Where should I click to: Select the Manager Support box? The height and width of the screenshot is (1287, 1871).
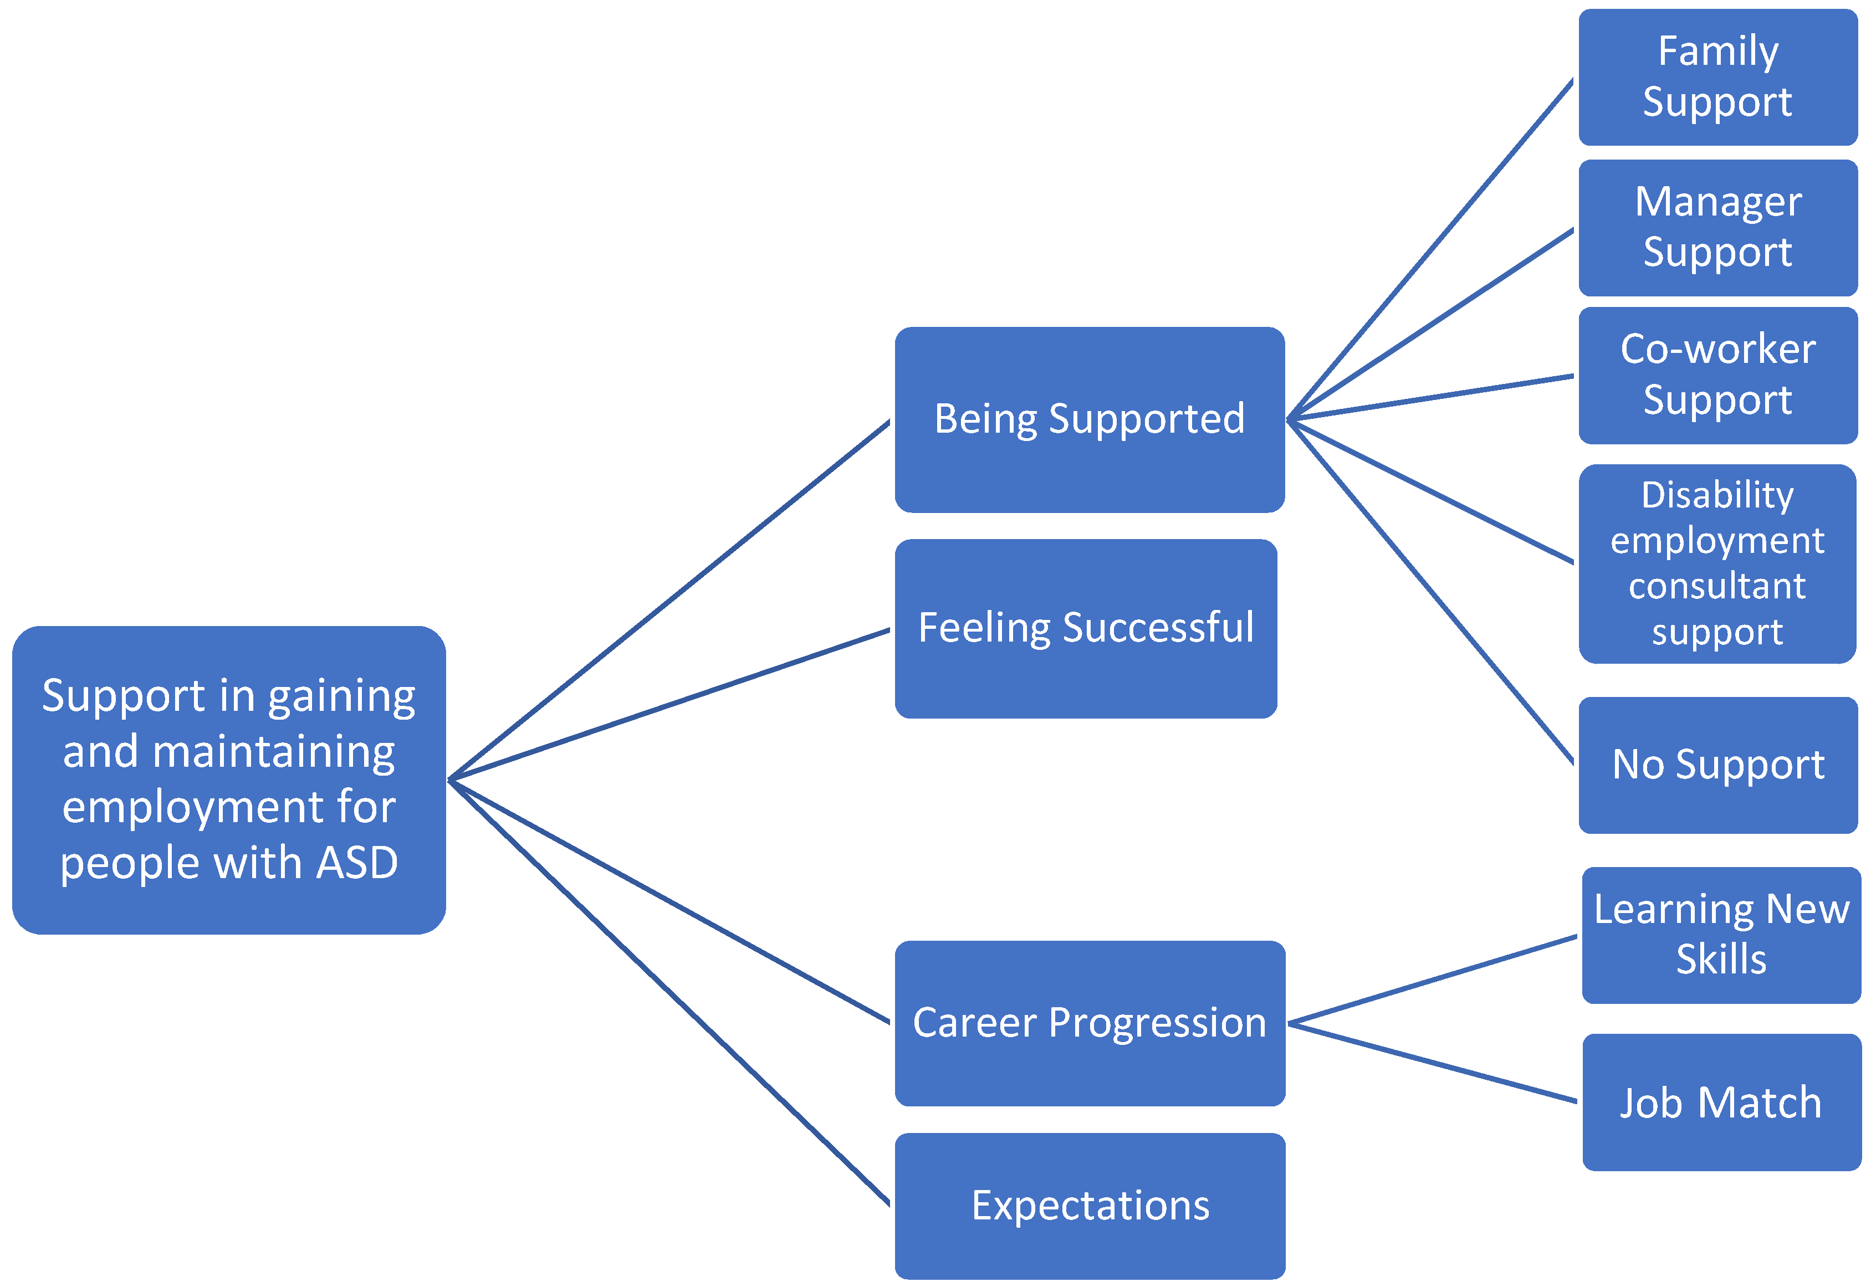[x=1718, y=227]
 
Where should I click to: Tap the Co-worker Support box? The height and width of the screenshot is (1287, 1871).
[x=1718, y=375]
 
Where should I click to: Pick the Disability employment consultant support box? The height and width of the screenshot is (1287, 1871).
[x=1718, y=563]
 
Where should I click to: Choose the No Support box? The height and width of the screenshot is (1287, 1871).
[x=1718, y=765]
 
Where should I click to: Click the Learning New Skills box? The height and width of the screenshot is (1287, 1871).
[x=1721, y=935]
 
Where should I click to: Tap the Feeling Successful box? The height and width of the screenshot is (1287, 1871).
[x=1086, y=628]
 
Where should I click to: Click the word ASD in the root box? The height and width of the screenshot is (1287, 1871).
[x=357, y=863]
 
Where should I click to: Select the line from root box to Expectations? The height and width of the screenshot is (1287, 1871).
[x=669, y=993]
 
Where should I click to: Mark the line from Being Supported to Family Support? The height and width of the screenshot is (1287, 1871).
[x=1430, y=249]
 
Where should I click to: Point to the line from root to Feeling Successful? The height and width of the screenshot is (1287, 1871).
[x=669, y=704]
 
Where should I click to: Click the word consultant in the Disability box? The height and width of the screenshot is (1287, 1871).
[x=1717, y=586]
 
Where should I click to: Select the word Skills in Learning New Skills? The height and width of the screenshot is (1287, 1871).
[x=1721, y=959]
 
